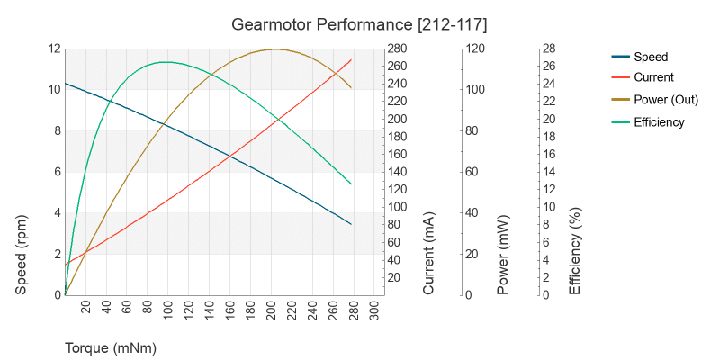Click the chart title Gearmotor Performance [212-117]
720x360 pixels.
pos(359,22)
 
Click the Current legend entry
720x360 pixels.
pos(653,77)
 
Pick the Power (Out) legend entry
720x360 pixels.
pos(666,100)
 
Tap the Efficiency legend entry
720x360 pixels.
pos(659,122)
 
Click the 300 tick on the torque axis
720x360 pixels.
pos(376,308)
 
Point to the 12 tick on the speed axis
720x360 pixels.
pos(54,49)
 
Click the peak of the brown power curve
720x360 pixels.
pos(274,49)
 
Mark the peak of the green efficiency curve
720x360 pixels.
pos(165,62)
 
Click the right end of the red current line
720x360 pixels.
pos(351,59)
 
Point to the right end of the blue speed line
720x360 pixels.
pos(351,224)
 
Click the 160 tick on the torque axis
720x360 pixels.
pos(231,308)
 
